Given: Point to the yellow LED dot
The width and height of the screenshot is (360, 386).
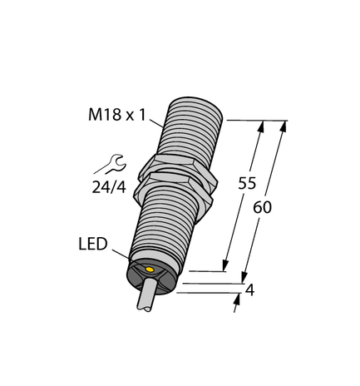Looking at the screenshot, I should [x=149, y=270].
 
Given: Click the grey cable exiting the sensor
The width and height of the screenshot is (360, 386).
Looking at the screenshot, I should [x=142, y=303].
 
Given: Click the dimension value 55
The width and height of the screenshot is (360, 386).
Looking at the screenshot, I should [x=247, y=185].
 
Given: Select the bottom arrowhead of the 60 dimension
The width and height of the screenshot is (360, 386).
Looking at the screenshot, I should [x=245, y=278].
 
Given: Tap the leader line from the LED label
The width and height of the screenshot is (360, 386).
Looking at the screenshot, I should [x=120, y=253].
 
